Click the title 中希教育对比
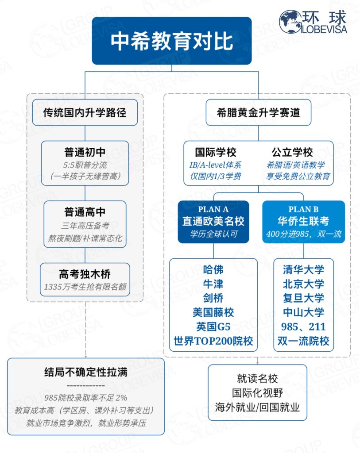pyautogui.click(x=171, y=41)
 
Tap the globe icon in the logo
pyautogui.click(x=290, y=22)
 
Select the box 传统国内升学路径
pyautogui.click(x=85, y=112)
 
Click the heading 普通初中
pyautogui.click(x=85, y=153)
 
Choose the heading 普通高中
pyautogui.click(x=85, y=213)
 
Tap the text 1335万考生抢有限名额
pyautogui.click(x=85, y=287)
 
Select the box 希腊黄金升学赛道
pyautogui.click(x=259, y=112)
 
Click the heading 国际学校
pyautogui.click(x=216, y=153)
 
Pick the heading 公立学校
pyautogui.click(x=292, y=153)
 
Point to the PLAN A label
pyautogui.click(x=213, y=209)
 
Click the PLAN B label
pyautogui.click(x=303, y=209)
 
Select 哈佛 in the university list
pyautogui.click(x=213, y=269)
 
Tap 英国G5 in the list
pyautogui.click(x=213, y=327)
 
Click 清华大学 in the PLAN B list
pyautogui.click(x=303, y=269)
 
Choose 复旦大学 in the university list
pyautogui.click(x=303, y=298)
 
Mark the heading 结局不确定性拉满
pyautogui.click(x=86, y=372)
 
